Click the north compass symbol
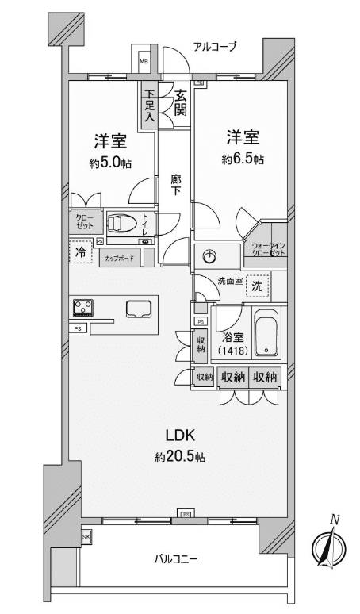(x=330, y=545)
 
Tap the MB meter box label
(x=145, y=62)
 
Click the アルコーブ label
(x=215, y=48)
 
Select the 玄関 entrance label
(x=180, y=102)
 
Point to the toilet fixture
(x=121, y=224)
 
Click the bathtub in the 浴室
(x=268, y=332)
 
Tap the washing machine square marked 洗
(x=258, y=286)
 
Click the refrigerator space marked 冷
(x=82, y=251)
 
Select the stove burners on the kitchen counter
(x=83, y=307)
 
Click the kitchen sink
(x=139, y=308)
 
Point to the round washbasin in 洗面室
(x=210, y=256)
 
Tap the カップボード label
(x=120, y=259)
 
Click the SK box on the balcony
(x=86, y=537)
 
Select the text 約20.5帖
(x=180, y=457)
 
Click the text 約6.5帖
(x=243, y=159)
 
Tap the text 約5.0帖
(x=110, y=163)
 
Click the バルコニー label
(x=176, y=558)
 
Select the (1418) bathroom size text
(x=233, y=351)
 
